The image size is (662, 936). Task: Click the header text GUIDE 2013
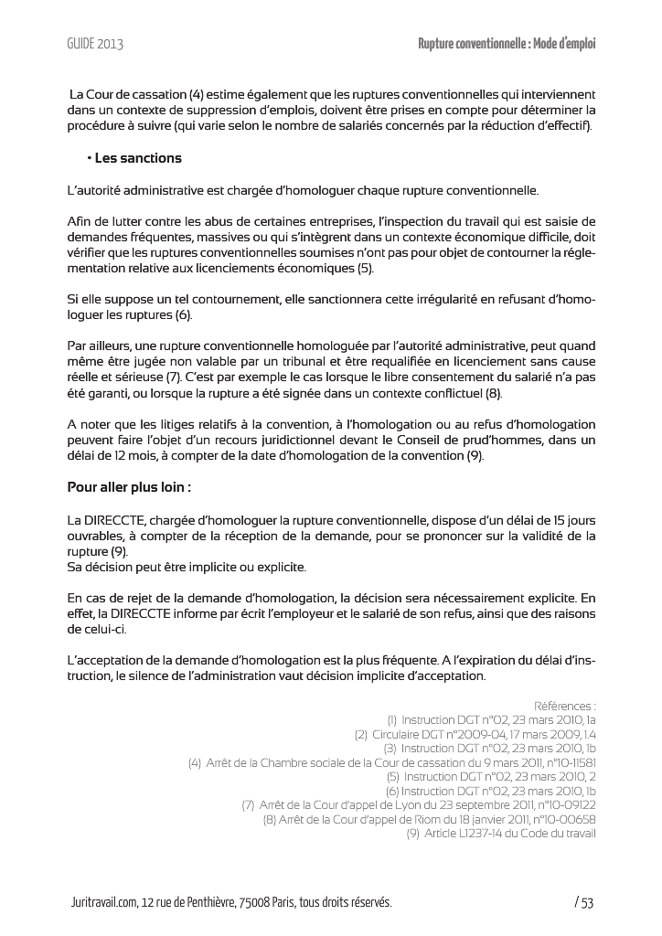tap(95, 44)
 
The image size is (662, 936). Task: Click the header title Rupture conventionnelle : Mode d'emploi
tap(507, 44)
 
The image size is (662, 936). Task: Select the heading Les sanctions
tap(138, 158)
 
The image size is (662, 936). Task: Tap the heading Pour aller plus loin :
tap(129, 487)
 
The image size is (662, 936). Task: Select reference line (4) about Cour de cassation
tap(392, 762)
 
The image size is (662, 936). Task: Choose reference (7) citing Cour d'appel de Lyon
tap(419, 805)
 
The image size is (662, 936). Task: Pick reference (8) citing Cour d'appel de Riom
tap(430, 819)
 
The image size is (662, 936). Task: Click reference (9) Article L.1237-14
tap(501, 834)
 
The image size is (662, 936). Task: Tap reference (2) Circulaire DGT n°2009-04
tap(475, 734)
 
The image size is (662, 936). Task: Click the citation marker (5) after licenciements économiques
tap(364, 268)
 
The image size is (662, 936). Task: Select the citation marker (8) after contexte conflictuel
tap(492, 393)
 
